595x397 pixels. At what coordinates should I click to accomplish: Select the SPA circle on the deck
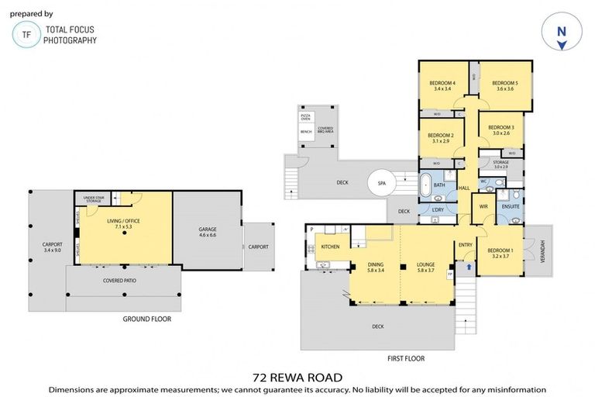click(381, 184)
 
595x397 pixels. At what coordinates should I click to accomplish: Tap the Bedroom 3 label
click(501, 129)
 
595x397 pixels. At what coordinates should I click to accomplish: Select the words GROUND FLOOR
click(147, 319)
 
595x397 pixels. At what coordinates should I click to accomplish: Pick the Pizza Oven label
click(305, 117)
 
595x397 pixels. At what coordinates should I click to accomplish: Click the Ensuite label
click(511, 207)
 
